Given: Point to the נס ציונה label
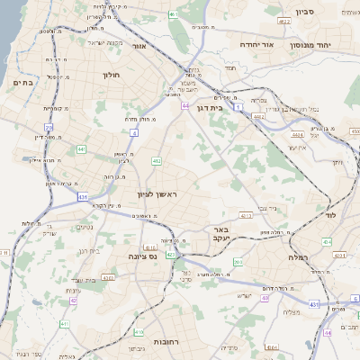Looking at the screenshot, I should [x=139, y=256].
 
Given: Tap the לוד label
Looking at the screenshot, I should [x=329, y=217].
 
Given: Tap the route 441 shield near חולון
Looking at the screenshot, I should [x=82, y=148].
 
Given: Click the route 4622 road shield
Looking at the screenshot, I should [x=284, y=20].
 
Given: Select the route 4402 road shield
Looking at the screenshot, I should [x=260, y=116].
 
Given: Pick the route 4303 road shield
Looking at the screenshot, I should [x=108, y=278].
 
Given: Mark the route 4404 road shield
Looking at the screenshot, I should [x=296, y=135].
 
